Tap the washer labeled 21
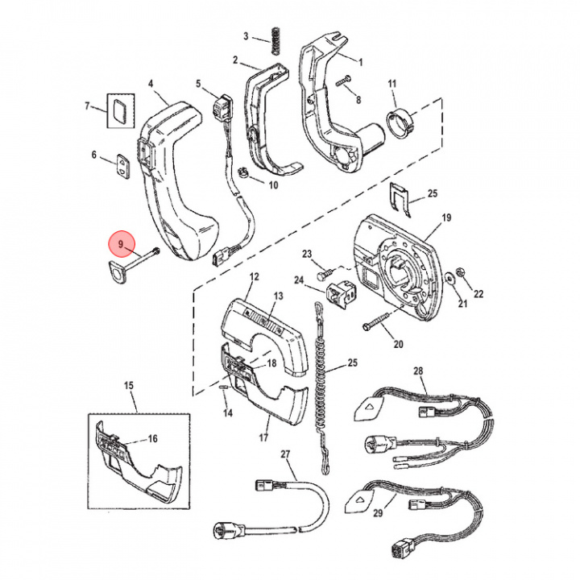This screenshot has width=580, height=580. pos(448,276)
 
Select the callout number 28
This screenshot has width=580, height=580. pos(418,371)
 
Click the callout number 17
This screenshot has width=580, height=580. pos(263,440)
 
